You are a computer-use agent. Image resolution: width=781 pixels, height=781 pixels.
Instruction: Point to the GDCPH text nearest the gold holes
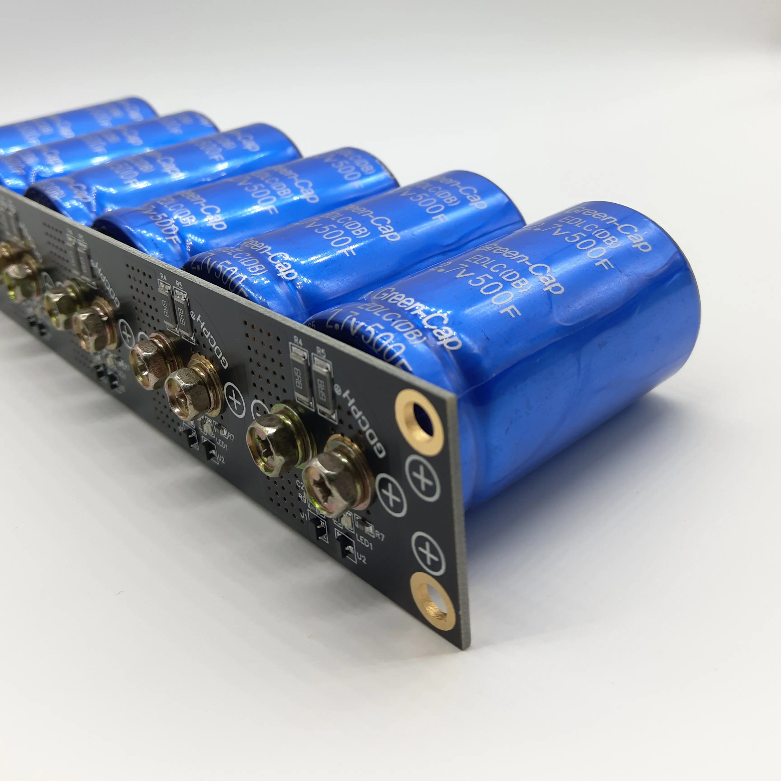tap(366, 420)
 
